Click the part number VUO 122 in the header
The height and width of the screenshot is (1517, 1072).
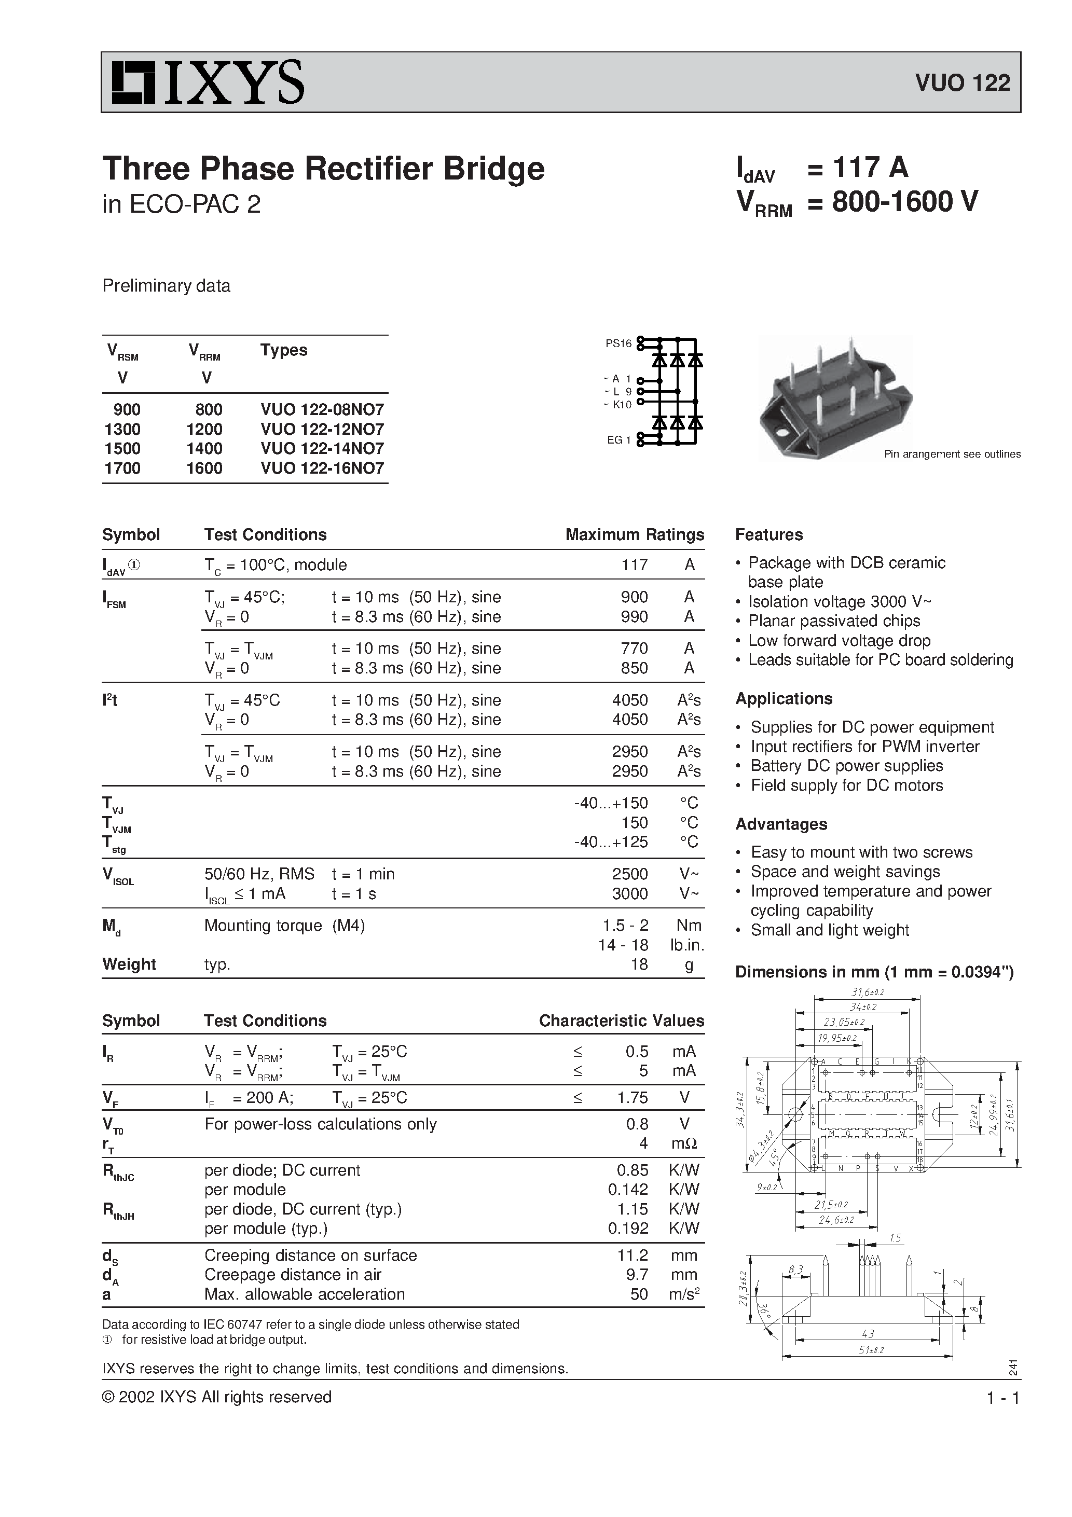click(x=963, y=83)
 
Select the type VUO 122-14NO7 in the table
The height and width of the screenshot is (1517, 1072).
click(x=322, y=449)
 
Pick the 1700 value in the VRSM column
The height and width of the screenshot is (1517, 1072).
click(x=122, y=468)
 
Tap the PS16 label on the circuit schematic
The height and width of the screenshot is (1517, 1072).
click(x=619, y=343)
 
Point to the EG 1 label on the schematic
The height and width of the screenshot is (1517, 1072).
click(x=619, y=440)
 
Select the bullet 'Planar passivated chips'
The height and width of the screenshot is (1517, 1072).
click(x=833, y=621)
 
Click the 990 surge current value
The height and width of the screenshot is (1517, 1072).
click(x=634, y=616)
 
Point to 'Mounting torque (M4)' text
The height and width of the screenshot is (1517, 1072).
click(x=284, y=926)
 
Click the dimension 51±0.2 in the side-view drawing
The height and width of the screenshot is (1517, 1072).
click(x=871, y=1350)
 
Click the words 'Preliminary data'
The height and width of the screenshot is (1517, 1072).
click(x=166, y=286)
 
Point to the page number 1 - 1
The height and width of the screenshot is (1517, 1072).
click(x=1002, y=1398)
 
